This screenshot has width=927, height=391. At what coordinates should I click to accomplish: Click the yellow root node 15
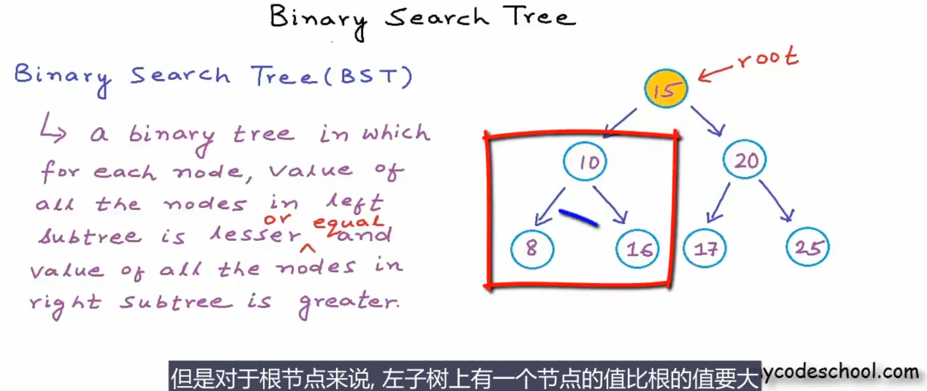point(666,89)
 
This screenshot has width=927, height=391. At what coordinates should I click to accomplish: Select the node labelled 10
point(585,161)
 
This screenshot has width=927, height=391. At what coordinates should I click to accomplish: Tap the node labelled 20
point(745,160)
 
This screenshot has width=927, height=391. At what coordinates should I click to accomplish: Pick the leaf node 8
point(532,249)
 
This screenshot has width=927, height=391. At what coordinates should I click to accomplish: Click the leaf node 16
point(638,249)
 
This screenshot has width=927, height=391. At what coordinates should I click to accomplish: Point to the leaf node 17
point(705,249)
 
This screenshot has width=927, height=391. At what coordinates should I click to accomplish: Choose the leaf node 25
point(808,247)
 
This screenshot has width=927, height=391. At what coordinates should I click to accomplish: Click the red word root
point(768,57)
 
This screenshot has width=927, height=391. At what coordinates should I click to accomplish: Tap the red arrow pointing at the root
point(715,73)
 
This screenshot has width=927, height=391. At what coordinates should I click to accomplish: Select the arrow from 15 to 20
point(708,121)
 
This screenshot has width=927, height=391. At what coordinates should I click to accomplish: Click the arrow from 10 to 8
point(550,206)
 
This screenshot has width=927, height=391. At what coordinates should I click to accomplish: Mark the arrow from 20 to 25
point(776,200)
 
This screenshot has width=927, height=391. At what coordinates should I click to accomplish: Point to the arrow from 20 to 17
point(719,202)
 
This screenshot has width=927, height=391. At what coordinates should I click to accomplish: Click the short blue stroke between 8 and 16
point(579,218)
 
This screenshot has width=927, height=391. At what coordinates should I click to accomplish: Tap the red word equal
point(348,222)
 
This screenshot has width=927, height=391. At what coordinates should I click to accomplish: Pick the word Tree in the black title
point(539,16)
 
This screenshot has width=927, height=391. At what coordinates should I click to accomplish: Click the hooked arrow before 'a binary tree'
point(52,127)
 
